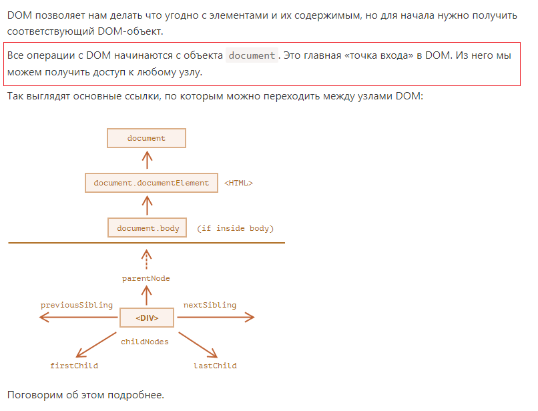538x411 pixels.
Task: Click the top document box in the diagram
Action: pyautogui.click(x=146, y=138)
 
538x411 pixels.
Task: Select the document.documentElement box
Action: pyautogui.click(x=152, y=183)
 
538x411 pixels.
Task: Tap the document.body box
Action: pyautogui.click(x=148, y=228)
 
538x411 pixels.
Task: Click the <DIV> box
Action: pyautogui.click(x=147, y=318)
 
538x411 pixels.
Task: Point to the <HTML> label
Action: pyautogui.click(x=238, y=183)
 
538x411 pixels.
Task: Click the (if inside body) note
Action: pyautogui.click(x=236, y=228)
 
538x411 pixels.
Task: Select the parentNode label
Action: pyautogui.click(x=146, y=278)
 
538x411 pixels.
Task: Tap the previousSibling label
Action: pyautogui.click(x=77, y=305)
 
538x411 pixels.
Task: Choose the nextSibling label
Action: pyautogui.click(x=210, y=305)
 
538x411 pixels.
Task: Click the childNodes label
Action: pyautogui.click(x=144, y=342)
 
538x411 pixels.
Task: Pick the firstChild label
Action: pyautogui.click(x=74, y=366)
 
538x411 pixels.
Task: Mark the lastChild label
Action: pyautogui.click(x=215, y=366)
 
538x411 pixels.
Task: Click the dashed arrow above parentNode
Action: pyautogui.click(x=146, y=260)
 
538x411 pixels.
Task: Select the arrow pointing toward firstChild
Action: pyautogui.click(x=96, y=345)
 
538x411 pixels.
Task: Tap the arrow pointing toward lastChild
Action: pyautogui.click(x=198, y=345)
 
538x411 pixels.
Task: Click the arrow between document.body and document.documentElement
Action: pyautogui.click(x=148, y=205)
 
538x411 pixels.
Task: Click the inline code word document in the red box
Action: pyautogui.click(x=252, y=55)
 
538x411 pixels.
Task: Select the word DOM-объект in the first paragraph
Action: pyautogui.click(x=130, y=31)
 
